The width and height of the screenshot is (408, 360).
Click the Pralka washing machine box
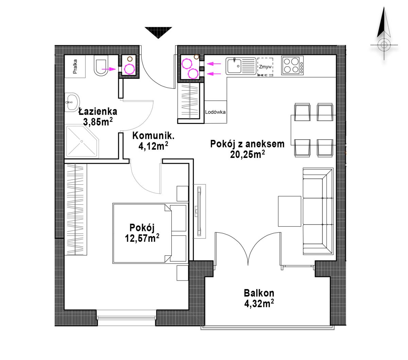coord(75,66)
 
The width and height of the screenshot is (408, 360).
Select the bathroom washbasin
coord(71,102)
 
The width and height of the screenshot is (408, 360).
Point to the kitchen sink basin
coord(234,66)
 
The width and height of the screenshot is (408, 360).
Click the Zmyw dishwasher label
coord(266,67)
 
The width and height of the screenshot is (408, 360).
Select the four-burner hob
coord(292,66)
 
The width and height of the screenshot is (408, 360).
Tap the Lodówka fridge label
coord(215,112)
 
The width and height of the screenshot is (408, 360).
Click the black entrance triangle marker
coord(158,32)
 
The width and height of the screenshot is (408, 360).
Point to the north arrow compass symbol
coord(384,33)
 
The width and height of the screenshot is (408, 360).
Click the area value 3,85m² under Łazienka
coord(98,122)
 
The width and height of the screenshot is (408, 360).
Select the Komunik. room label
coord(153,136)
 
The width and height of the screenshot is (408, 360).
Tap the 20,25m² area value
coord(247,154)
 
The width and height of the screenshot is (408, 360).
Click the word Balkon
coord(259,293)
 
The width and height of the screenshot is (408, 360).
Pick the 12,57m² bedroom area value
coord(142,238)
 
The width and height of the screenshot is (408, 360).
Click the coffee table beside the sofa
coord(290,211)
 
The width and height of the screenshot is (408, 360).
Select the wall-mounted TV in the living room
coord(199,211)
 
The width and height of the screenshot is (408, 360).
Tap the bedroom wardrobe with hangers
coord(75,209)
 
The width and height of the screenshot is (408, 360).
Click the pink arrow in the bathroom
coord(108,69)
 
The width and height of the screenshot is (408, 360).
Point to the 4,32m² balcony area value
coord(259,304)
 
